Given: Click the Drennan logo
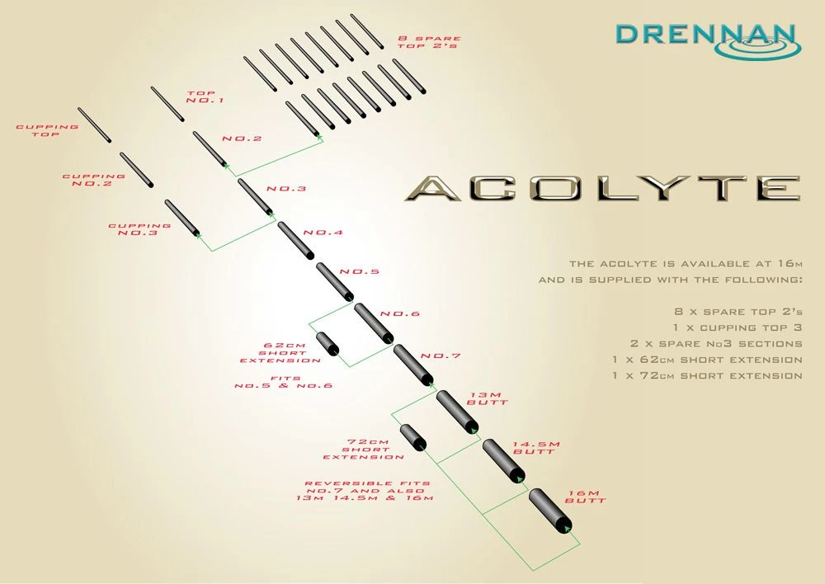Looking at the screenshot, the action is pos(708,40).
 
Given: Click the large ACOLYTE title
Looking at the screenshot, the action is pos(603,188).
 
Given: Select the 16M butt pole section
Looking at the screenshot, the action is pos(549,511).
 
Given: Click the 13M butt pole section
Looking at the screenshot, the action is pos(457,412).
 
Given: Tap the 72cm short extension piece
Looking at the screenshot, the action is pos(413,438).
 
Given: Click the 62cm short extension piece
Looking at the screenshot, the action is pos(328,344).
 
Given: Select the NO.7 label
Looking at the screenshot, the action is pos(441,356).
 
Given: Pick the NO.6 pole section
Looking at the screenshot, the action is pos(374,323).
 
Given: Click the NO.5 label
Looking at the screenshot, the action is pos(360,272).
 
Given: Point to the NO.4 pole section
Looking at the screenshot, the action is pos(295,240).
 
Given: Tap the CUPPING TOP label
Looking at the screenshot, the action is pos(47,130).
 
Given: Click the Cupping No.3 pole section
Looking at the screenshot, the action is pos(182,218).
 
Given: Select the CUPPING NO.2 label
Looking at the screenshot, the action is pos(94,180).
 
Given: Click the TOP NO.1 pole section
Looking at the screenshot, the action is pos(167,104).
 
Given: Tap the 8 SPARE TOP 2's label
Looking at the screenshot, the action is pos(429,42).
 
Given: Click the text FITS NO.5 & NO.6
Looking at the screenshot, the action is pos(284,382).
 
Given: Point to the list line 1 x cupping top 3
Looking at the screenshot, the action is pos(737,327).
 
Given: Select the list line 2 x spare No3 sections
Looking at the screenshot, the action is pos(716,344).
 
